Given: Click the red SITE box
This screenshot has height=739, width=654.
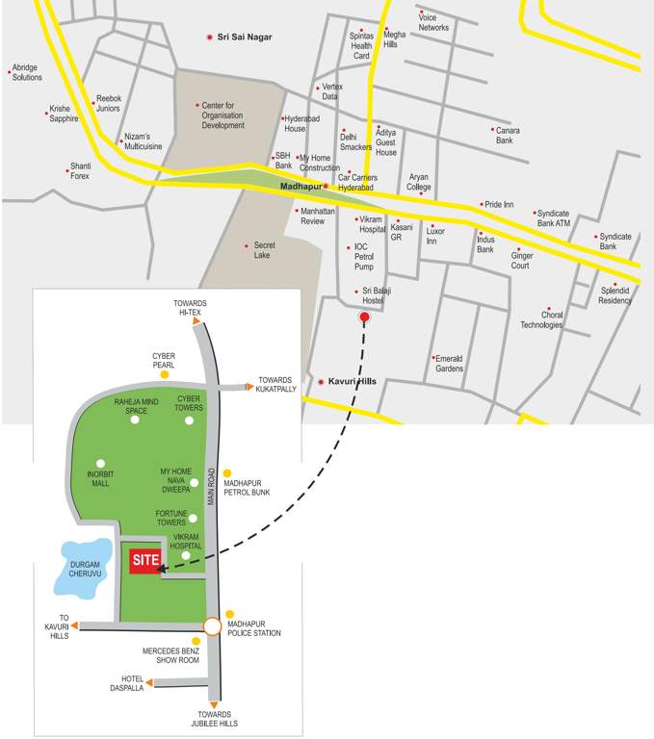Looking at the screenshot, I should [x=145, y=560].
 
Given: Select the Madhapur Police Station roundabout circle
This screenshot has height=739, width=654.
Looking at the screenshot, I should [x=213, y=626].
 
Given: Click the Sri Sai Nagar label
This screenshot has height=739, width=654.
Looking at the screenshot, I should [x=245, y=37].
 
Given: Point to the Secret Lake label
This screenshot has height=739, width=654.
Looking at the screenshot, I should [x=264, y=250].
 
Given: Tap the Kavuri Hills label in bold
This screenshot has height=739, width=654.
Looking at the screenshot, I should [x=353, y=382].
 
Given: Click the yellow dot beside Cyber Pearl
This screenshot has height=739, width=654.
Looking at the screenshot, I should [x=165, y=373].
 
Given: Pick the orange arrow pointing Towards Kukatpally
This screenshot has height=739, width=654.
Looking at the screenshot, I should [x=249, y=387].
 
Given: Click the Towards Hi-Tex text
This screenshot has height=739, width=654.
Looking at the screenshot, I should [x=191, y=308].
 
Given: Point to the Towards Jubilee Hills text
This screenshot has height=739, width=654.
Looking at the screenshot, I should [x=215, y=719].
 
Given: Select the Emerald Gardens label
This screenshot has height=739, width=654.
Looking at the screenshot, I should [x=450, y=363].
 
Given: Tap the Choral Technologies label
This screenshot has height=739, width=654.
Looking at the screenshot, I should [x=542, y=319].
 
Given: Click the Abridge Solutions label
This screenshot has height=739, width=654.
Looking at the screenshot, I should [x=27, y=72].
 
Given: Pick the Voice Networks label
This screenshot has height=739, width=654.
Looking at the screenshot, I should [x=434, y=22].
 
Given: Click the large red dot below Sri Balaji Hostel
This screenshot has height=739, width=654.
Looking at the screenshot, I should [x=364, y=317].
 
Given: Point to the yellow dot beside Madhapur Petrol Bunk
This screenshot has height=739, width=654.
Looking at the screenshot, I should [x=227, y=473].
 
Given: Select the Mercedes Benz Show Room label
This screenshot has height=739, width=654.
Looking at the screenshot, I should [x=170, y=655].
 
